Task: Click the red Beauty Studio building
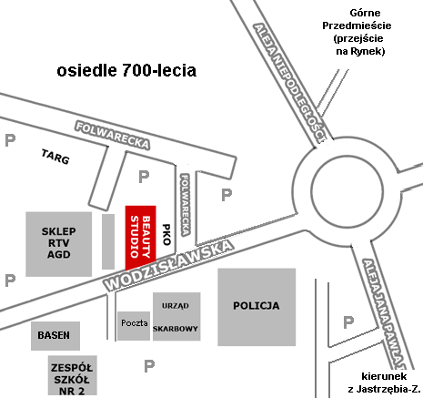click(x=141, y=235)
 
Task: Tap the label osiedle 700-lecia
click(x=126, y=70)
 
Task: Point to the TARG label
click(x=55, y=157)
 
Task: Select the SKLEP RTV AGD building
click(x=59, y=244)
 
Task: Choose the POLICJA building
click(x=256, y=307)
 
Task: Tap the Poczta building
click(x=134, y=323)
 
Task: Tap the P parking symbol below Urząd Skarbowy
click(x=149, y=366)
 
